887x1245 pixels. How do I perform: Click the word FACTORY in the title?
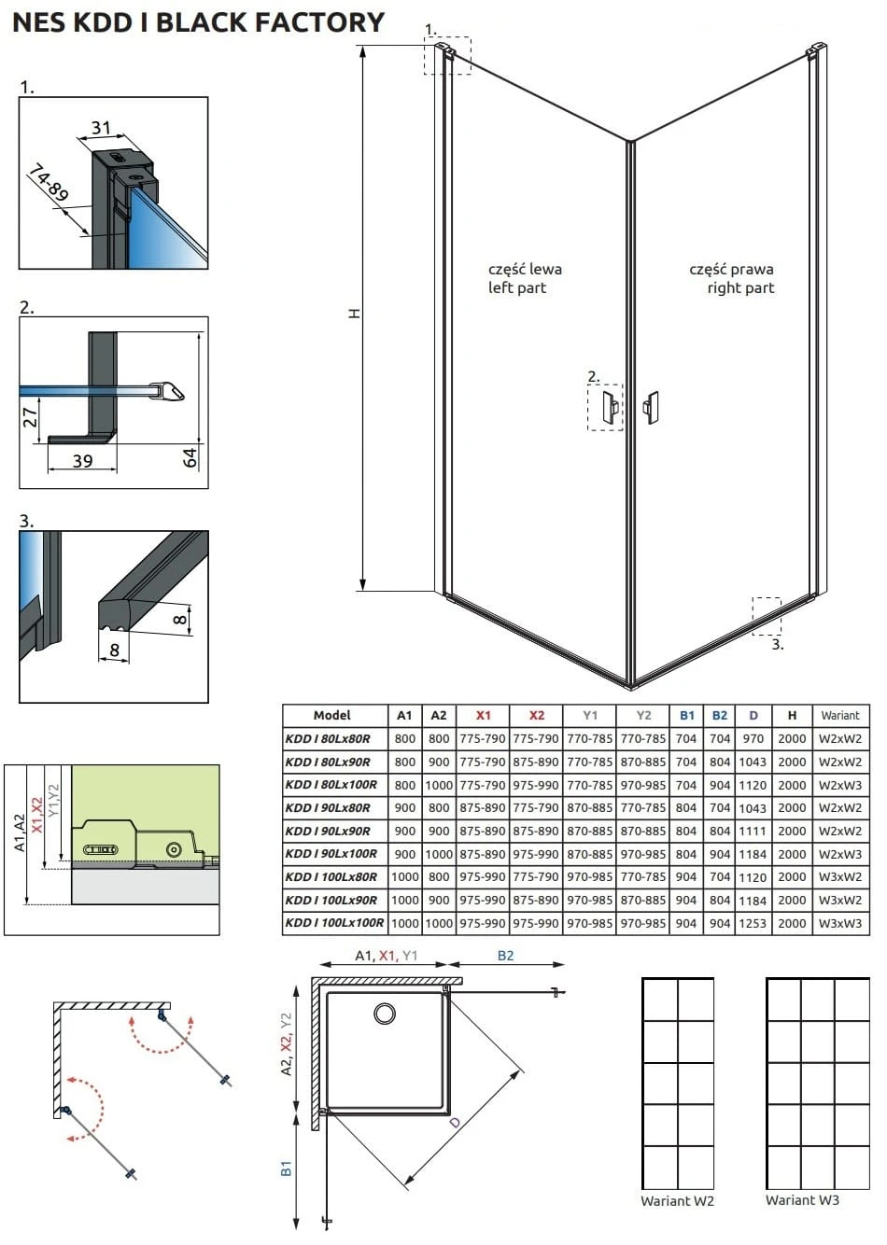click(319, 22)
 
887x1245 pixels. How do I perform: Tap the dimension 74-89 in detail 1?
click(49, 183)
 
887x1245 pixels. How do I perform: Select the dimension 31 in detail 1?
click(101, 128)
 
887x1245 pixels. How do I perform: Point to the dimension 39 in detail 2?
click(82, 461)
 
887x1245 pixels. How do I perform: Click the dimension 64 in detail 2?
click(190, 457)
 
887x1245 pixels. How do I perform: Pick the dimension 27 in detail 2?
click(30, 416)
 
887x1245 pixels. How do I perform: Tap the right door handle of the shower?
click(651, 408)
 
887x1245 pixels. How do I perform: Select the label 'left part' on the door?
click(517, 287)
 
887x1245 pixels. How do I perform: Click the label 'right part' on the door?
click(740, 287)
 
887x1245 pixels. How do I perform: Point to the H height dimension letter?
click(354, 314)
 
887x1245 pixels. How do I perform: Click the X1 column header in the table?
click(484, 715)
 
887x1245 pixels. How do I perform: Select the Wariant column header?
click(839, 715)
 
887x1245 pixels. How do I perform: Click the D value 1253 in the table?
click(753, 924)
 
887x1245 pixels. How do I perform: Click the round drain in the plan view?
click(385, 1014)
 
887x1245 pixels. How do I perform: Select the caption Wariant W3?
click(802, 1200)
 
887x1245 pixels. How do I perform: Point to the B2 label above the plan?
click(505, 956)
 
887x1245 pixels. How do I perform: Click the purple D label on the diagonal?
click(456, 1122)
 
